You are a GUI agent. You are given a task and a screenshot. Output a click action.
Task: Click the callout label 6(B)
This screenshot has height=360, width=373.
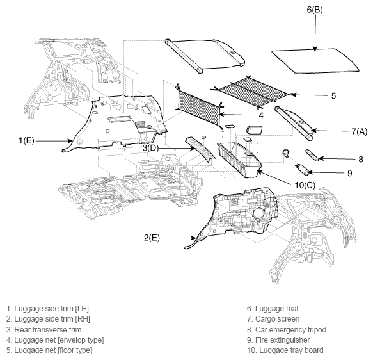[315, 10]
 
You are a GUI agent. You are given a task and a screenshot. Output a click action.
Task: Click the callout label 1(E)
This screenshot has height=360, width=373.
[26, 141]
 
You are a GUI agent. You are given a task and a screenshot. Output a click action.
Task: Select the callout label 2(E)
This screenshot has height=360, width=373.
[152, 238]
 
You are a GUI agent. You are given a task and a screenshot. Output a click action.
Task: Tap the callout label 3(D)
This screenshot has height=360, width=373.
[150, 148]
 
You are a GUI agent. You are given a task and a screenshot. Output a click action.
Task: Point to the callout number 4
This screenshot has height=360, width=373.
[261, 115]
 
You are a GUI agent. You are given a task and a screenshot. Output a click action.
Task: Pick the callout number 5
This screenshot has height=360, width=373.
[333, 96]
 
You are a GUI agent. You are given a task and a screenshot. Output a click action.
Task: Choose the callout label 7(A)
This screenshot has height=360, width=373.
[359, 131]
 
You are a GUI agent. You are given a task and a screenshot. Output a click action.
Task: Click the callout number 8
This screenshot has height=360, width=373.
[361, 160]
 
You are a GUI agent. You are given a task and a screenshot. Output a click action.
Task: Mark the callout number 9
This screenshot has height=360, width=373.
[349, 173]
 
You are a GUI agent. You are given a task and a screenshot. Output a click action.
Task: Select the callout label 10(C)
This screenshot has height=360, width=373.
[305, 185]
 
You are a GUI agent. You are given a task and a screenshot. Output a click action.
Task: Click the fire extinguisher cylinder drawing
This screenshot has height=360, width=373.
[303, 169]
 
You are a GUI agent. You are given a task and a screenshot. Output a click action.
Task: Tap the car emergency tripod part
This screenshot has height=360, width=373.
[312, 155]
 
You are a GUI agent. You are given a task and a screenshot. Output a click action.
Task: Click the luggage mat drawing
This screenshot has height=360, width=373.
[315, 61]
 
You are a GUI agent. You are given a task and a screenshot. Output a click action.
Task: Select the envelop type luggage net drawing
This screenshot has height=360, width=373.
[199, 106]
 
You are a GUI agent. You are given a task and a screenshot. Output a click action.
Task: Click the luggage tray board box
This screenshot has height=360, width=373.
[239, 160]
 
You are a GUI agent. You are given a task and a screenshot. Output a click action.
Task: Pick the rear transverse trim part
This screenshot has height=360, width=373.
[200, 149]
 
